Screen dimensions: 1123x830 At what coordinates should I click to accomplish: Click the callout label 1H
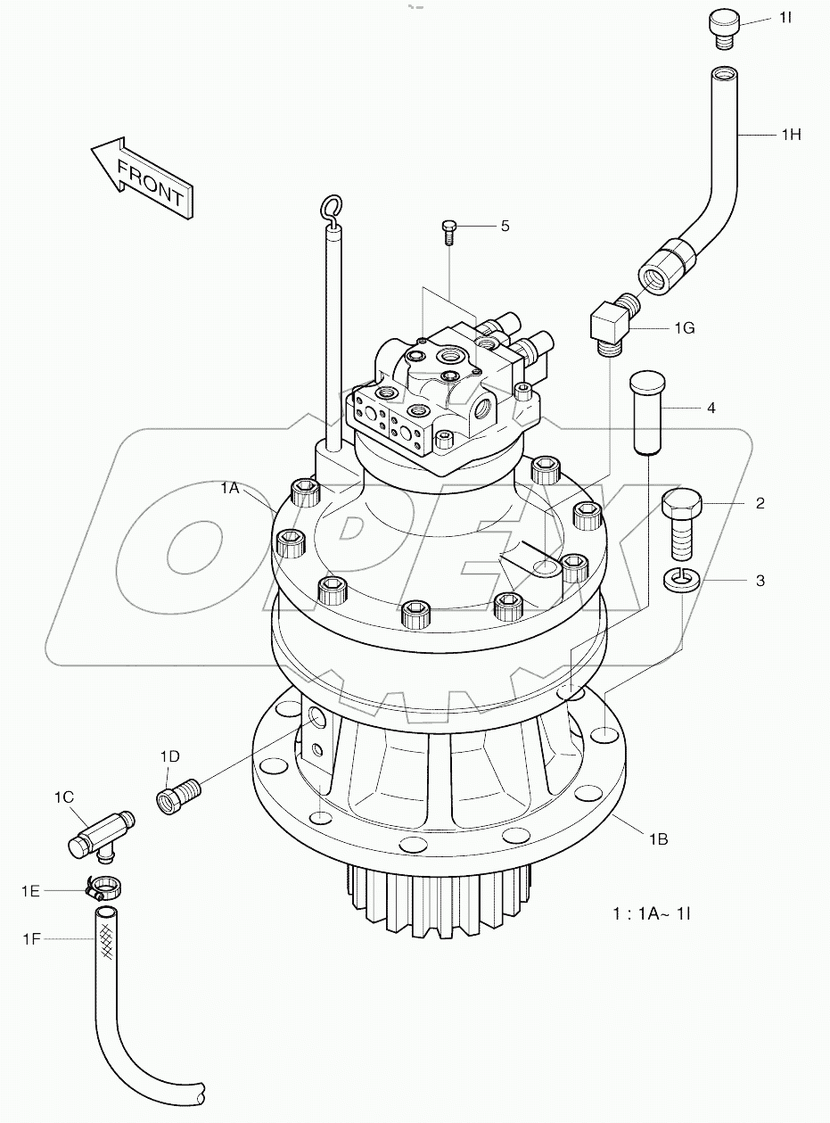click(791, 135)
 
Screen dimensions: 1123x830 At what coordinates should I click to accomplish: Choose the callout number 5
click(505, 226)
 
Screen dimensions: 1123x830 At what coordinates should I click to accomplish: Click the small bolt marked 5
click(449, 231)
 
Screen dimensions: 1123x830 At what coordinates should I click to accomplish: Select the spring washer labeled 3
click(683, 582)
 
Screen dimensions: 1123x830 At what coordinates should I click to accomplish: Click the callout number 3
click(760, 581)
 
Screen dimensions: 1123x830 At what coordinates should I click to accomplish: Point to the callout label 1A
click(230, 488)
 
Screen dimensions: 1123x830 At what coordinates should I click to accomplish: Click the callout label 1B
click(659, 838)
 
